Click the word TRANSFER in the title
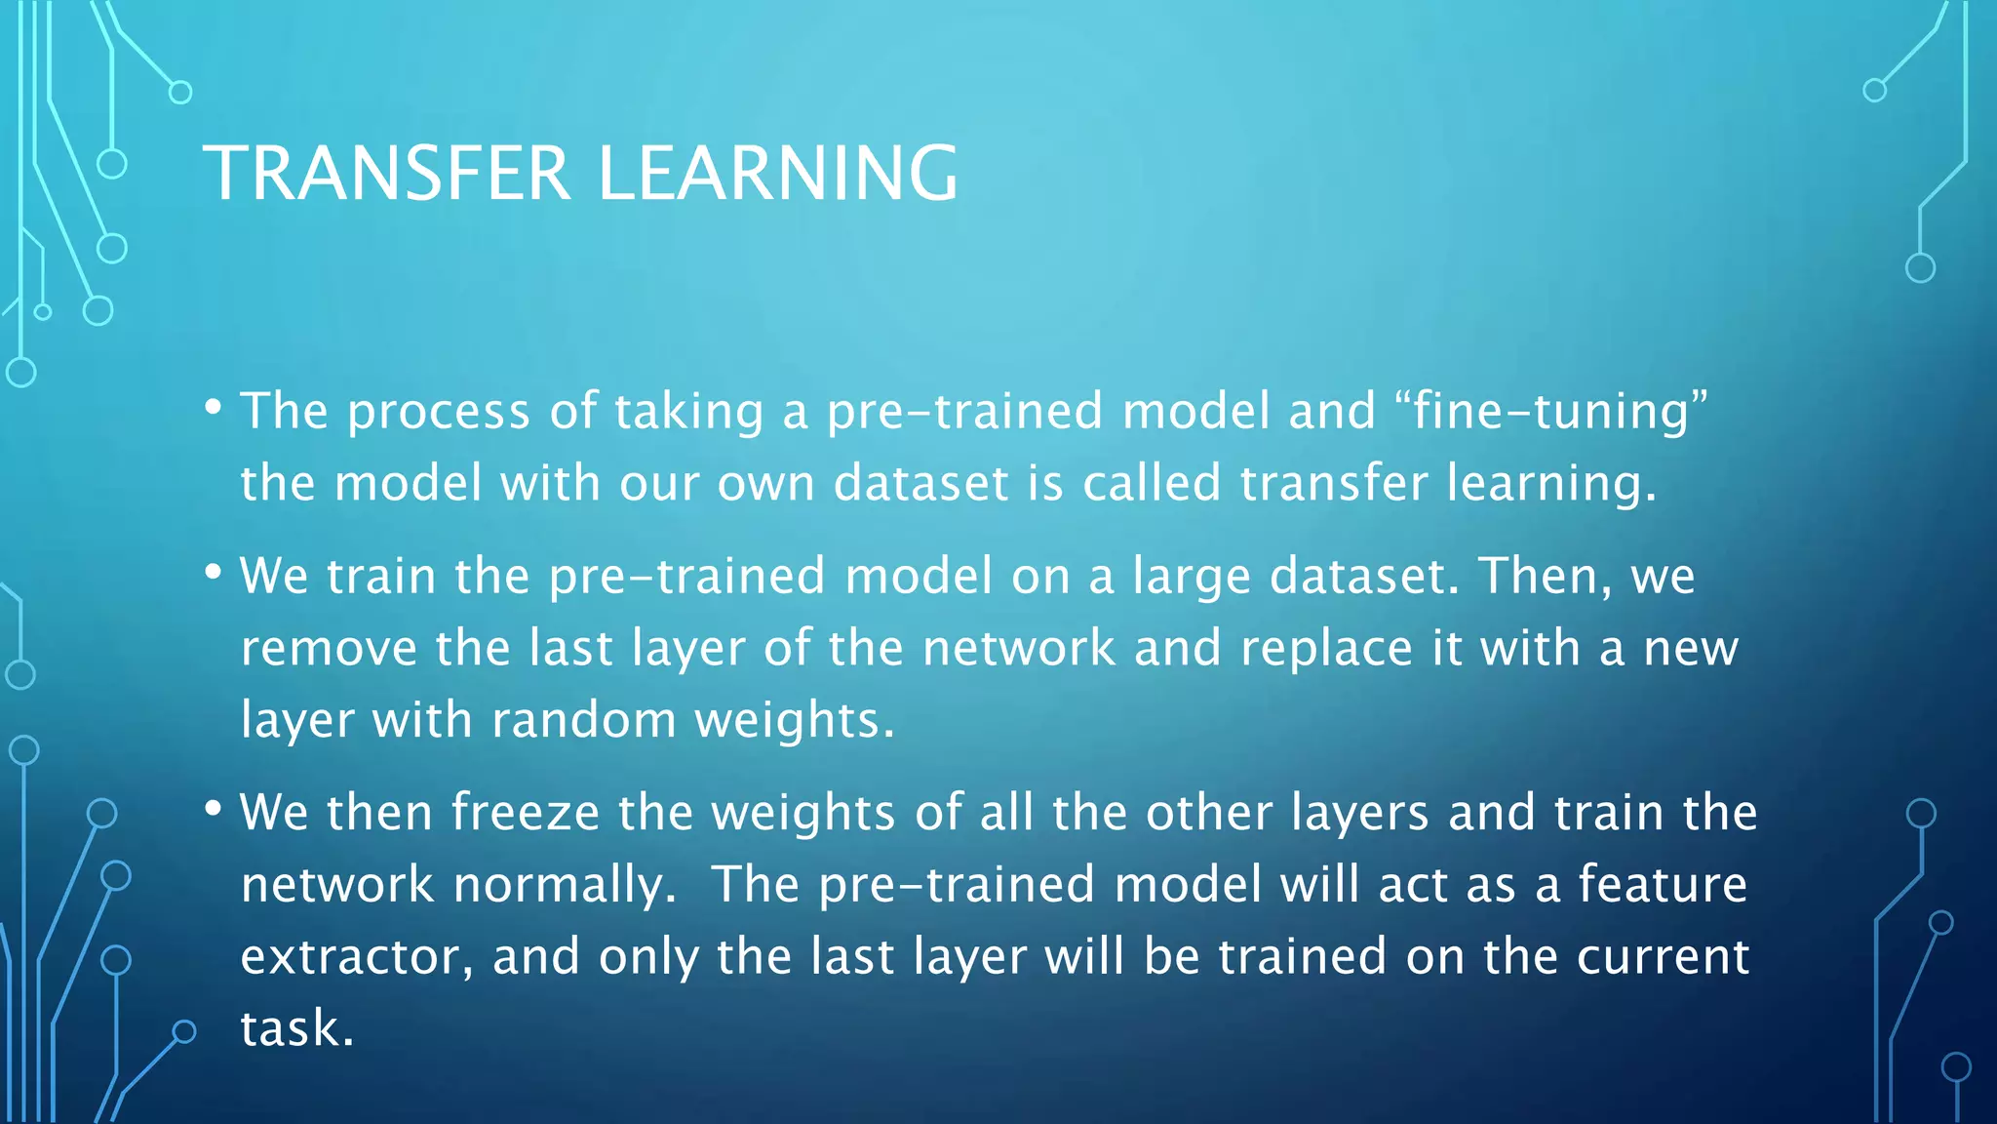pos(386,173)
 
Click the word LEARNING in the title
pos(777,173)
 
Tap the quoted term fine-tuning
pos(1551,410)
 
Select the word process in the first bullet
pos(439,412)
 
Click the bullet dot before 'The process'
pos(214,407)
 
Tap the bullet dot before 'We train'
pos(214,573)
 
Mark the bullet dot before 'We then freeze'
pos(214,809)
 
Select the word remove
pos(329,648)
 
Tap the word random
pos(583,720)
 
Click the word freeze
pos(525,812)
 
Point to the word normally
pos(565,886)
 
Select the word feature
pos(1662,884)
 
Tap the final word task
pos(296,1028)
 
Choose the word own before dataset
pos(765,484)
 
